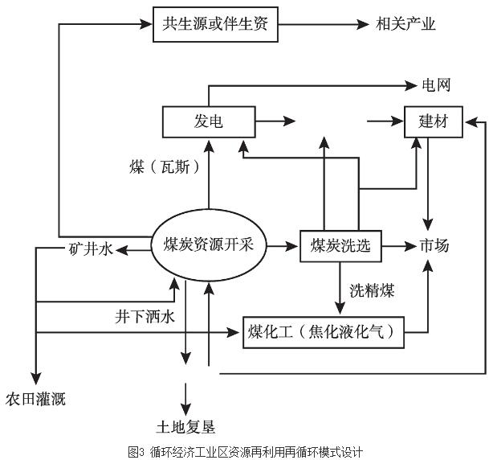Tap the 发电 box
tap(208, 121)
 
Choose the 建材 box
tap(434, 121)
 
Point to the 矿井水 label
tap(91, 250)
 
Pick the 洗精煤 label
tap(373, 289)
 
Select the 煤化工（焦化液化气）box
tap(324, 331)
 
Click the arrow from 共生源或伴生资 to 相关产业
tap(321, 24)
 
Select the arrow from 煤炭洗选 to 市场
tap(398, 246)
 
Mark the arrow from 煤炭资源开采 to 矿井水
tap(133, 250)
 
